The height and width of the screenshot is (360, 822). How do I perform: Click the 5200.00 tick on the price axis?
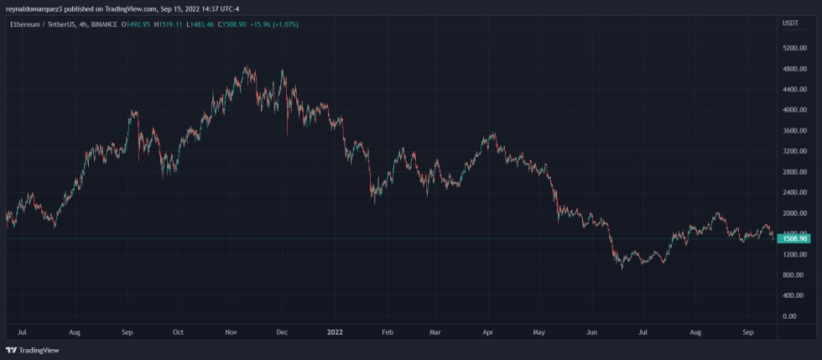point(793,48)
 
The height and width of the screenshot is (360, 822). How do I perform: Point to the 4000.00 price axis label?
point(793,110)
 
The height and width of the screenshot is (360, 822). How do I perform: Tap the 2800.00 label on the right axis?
point(793,172)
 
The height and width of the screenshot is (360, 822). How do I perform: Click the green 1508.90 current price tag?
point(794,239)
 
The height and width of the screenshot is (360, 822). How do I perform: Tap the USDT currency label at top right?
point(790,23)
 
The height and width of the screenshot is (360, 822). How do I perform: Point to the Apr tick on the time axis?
point(488,332)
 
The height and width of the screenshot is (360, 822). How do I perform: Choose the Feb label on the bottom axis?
point(387,332)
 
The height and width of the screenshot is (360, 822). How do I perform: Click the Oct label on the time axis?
point(178,332)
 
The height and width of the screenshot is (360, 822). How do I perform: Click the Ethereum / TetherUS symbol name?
point(41,23)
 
